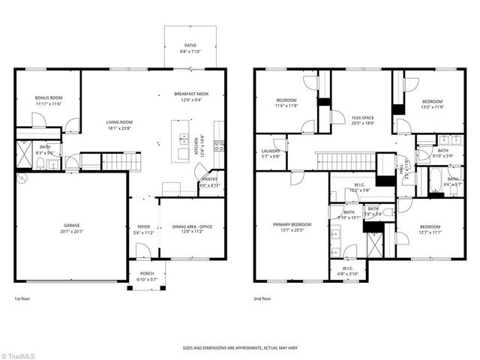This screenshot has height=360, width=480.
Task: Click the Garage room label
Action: pyautogui.click(x=71, y=226)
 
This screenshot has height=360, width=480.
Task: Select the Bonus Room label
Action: pyautogui.click(x=49, y=97)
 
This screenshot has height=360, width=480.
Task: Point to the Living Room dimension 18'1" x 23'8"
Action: pyautogui.click(x=118, y=128)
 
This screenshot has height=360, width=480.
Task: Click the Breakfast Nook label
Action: pyautogui.click(x=191, y=94)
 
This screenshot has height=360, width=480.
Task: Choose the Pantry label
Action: pyautogui.click(x=209, y=180)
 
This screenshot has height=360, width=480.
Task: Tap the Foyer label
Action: pyautogui.click(x=144, y=226)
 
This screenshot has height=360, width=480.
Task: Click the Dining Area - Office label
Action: pyautogui.click(x=193, y=226)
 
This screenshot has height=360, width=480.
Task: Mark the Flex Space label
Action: pyautogui.click(x=363, y=118)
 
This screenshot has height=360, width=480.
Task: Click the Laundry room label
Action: pyautogui.click(x=270, y=151)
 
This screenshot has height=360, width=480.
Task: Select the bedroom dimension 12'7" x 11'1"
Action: pyautogui.click(x=430, y=232)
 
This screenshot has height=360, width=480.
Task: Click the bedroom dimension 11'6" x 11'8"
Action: pyautogui.click(x=286, y=106)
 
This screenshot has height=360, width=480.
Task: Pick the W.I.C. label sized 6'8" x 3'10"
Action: pyautogui.click(x=347, y=273)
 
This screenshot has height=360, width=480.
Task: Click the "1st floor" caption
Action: pyautogui.click(x=22, y=299)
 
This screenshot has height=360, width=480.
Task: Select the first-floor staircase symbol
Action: pyautogui.click(x=116, y=160)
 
